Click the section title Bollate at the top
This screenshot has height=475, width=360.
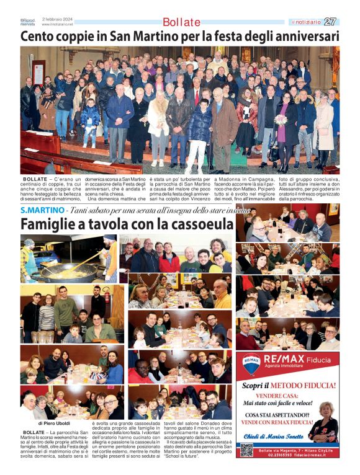[181, 22]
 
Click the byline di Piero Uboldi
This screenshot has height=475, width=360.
[55, 424]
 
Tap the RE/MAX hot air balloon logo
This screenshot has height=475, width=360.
[252, 364]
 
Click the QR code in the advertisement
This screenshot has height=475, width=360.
[247, 450]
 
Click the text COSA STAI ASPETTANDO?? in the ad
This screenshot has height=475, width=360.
[276, 415]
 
